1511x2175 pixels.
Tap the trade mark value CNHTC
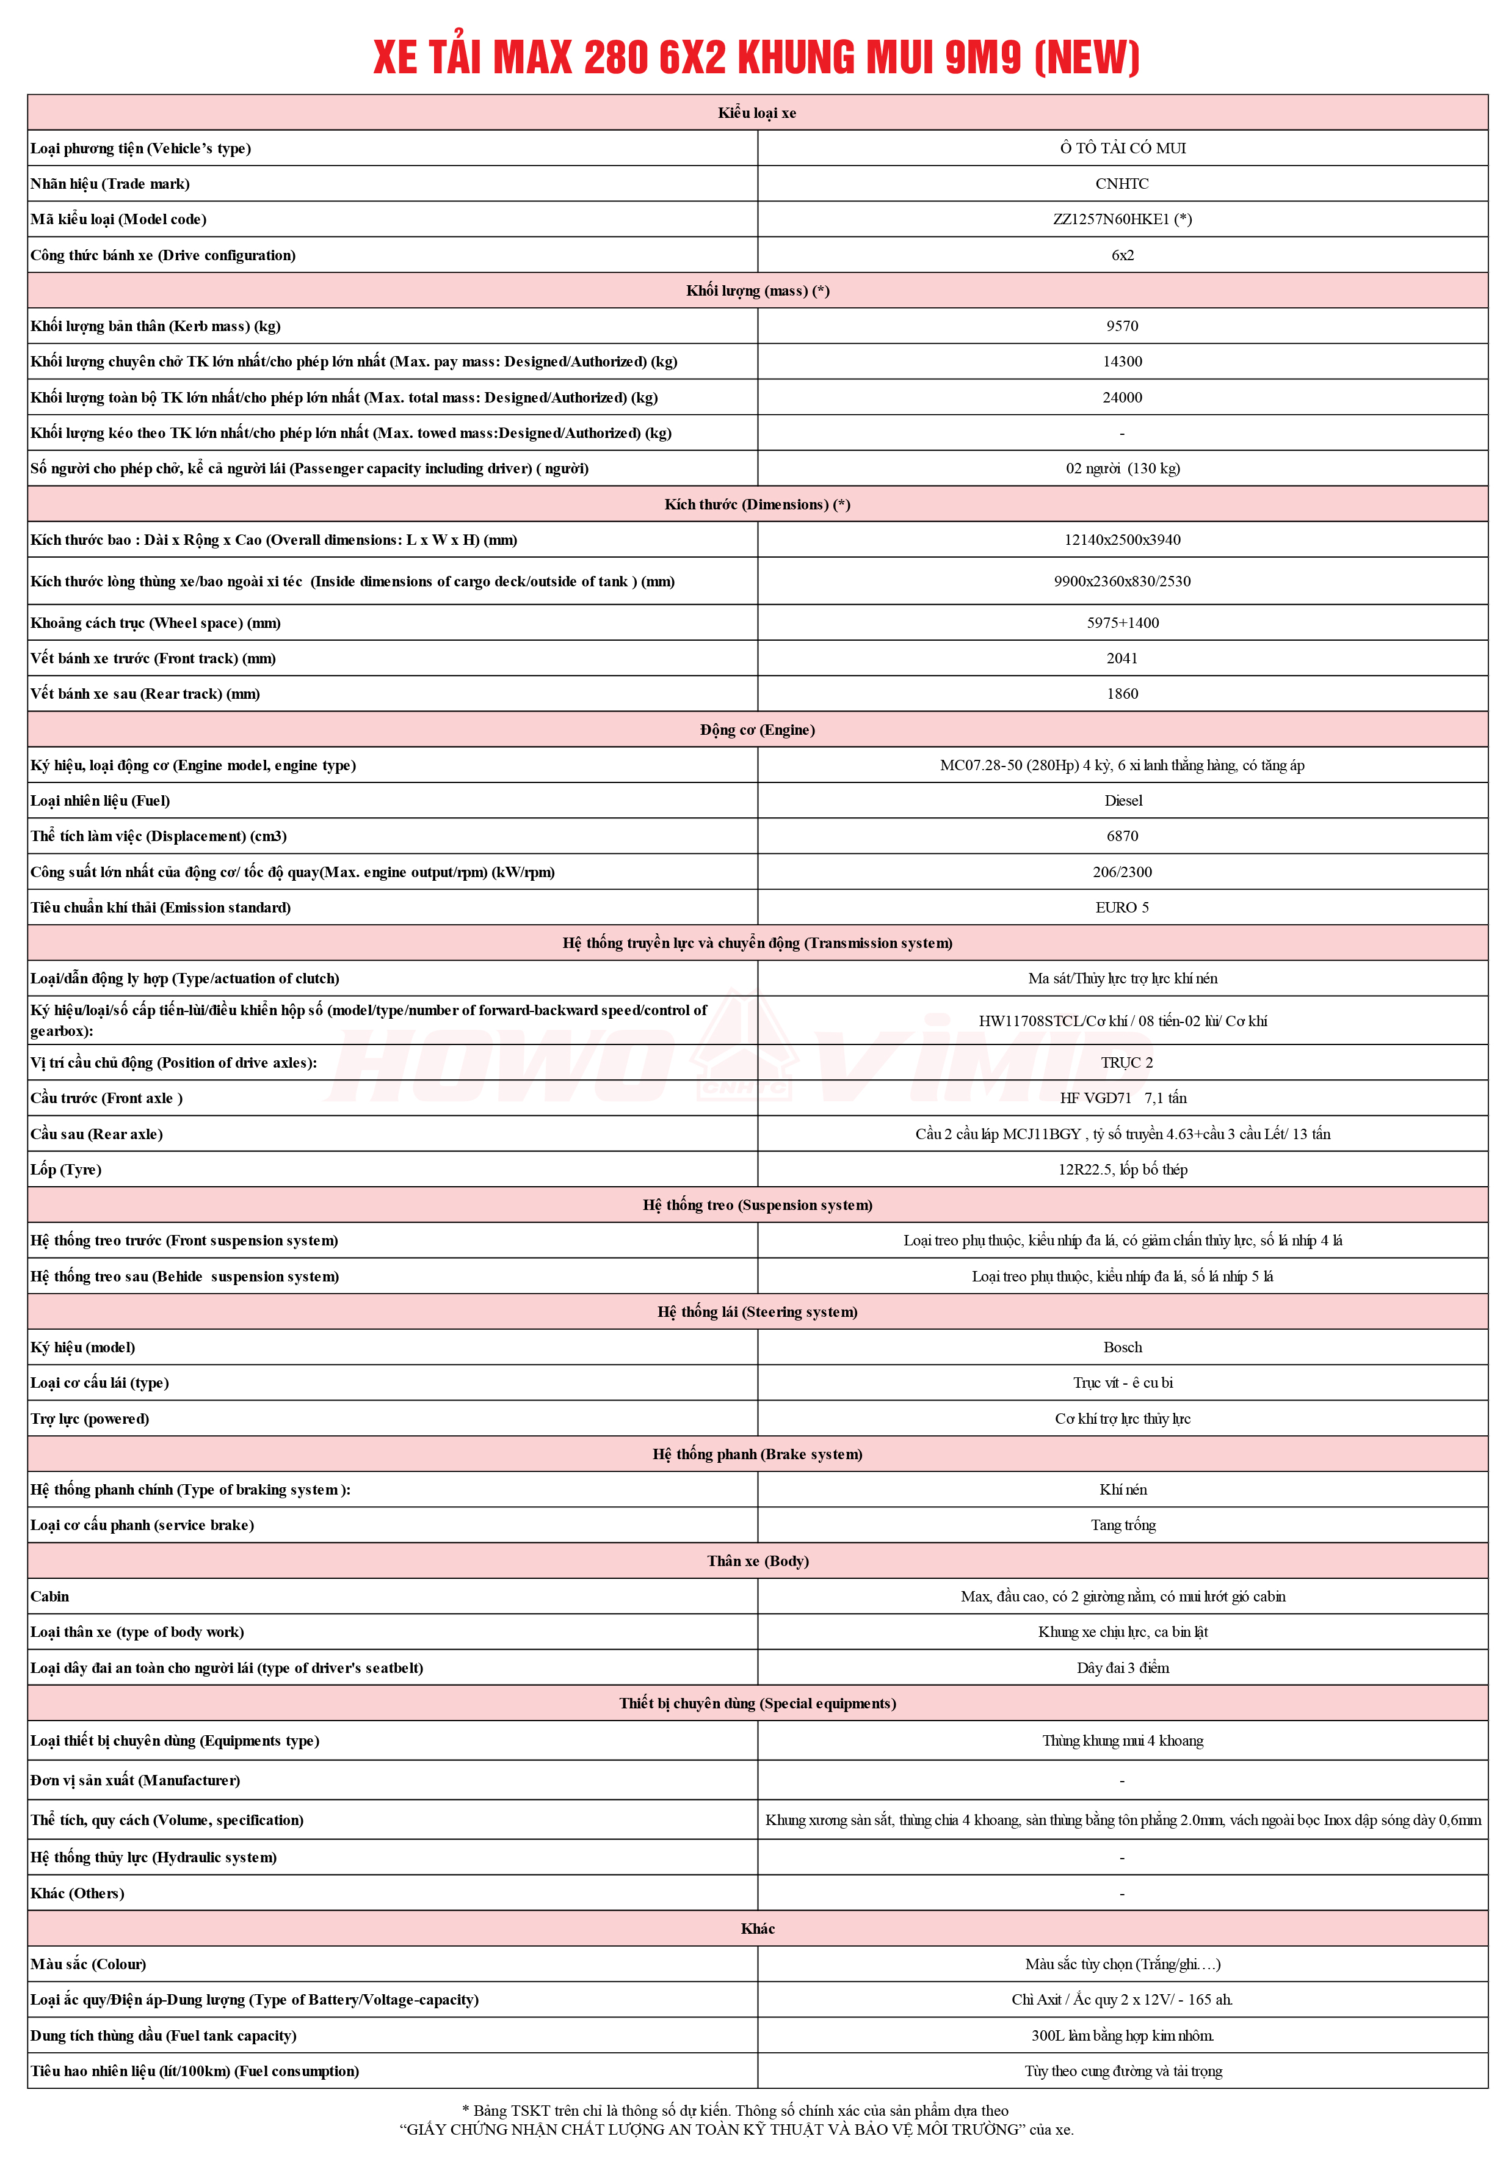(1122, 184)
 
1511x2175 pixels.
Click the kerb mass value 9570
(1122, 326)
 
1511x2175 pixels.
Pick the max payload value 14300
(1122, 362)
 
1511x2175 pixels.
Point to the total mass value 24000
(1122, 398)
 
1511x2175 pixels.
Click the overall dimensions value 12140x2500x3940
(1122, 540)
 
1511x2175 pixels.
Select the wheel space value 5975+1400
(1122, 623)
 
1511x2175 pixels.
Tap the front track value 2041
(1122, 658)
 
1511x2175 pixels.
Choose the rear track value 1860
(1122, 694)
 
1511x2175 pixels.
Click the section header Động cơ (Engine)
(758, 730)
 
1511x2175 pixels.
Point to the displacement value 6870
(1122, 836)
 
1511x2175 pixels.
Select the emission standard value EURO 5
(1122, 907)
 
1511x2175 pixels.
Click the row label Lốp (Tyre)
(67, 1170)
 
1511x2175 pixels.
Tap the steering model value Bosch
(1123, 1347)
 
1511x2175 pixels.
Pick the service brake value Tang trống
(1123, 1526)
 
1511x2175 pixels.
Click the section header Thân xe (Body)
(758, 1561)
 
